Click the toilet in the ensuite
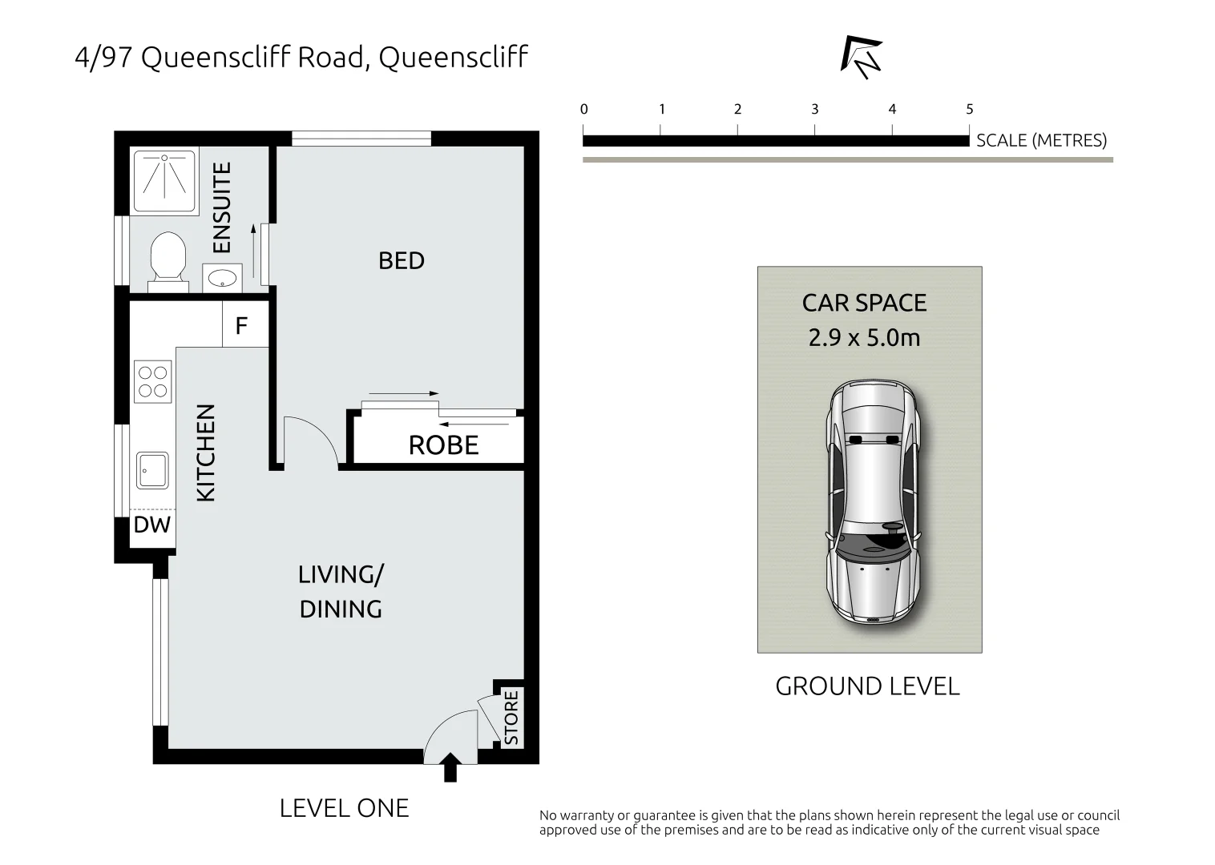pos(168,258)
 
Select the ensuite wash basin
pos(222,279)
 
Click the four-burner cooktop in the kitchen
pos(152,381)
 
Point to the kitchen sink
pos(152,470)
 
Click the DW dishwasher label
pos(152,525)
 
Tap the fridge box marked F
pos(242,326)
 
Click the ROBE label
pos(443,445)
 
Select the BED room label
pos(401,261)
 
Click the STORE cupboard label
pos(511,718)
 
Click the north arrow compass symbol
pos(861,58)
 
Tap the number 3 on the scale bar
pos(814,110)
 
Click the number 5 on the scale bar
pos(969,110)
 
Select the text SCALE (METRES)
pos(1040,141)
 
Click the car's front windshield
pos(873,547)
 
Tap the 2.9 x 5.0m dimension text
pos(864,338)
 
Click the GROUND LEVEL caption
pos(867,686)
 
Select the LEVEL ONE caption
pos(344,808)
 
